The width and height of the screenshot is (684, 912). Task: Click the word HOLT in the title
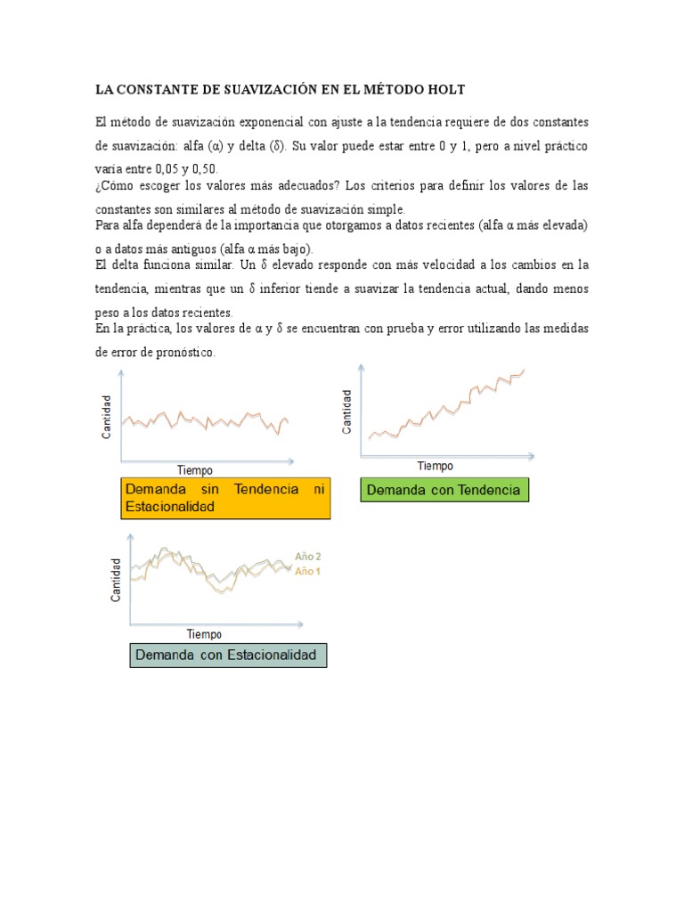click(445, 90)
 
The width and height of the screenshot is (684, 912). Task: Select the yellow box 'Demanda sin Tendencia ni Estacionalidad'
click(225, 498)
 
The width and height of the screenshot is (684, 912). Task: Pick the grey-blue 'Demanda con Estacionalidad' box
click(228, 655)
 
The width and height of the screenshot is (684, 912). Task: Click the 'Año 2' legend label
click(308, 557)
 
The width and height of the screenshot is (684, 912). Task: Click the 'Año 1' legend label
click(308, 571)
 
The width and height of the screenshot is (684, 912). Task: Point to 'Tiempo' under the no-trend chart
click(194, 470)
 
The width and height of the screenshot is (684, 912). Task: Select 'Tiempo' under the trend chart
click(435, 466)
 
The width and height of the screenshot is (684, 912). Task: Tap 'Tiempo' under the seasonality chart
click(204, 634)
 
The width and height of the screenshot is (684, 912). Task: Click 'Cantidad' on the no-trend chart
click(107, 417)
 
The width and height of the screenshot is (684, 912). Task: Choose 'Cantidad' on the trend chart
click(347, 411)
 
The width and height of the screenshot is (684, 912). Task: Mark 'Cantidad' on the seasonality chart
click(116, 580)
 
